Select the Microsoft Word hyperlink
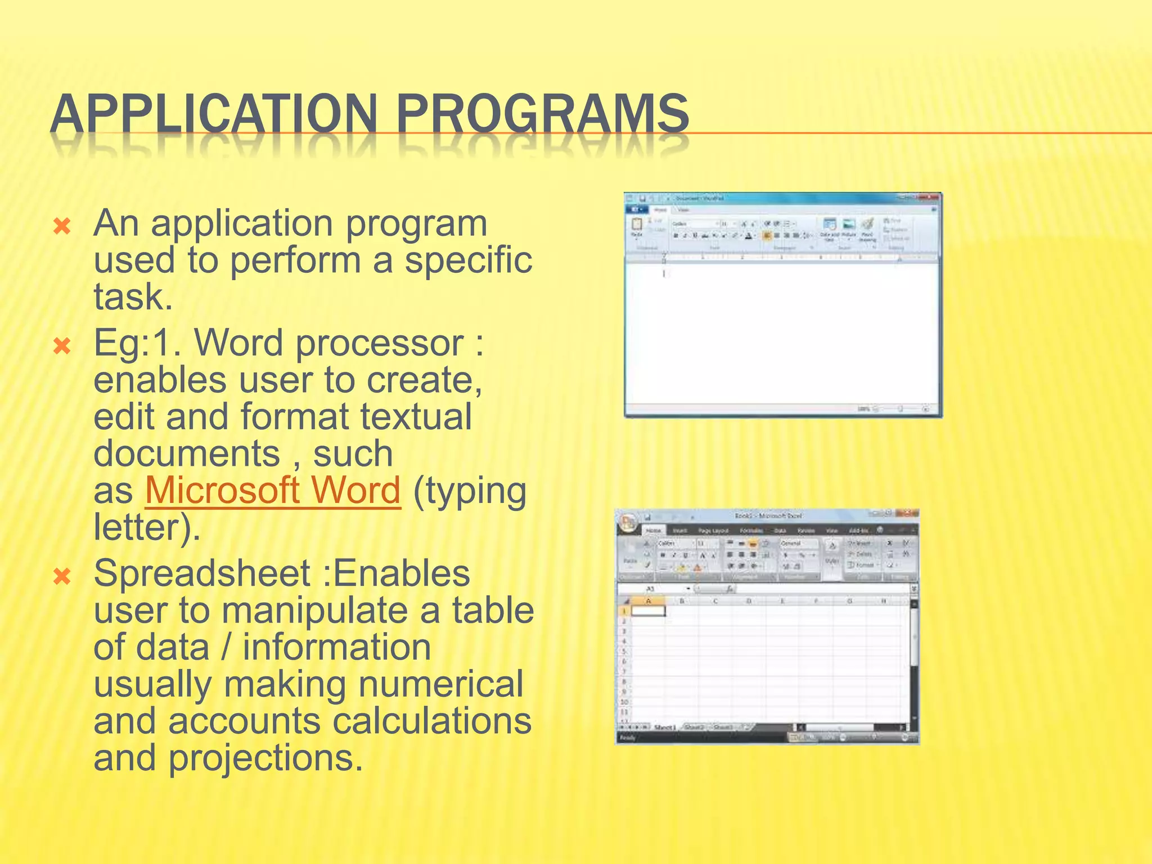[x=273, y=490]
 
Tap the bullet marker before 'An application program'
[x=62, y=227]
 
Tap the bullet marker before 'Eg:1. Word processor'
[x=62, y=346]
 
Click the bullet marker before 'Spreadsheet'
[x=62, y=577]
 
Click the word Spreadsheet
[x=202, y=574]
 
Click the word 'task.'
[x=133, y=297]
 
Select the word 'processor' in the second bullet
[x=380, y=343]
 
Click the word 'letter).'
[x=147, y=528]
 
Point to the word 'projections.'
[x=265, y=758]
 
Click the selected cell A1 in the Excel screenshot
[x=648, y=611]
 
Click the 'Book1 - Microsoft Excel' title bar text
[x=768, y=516]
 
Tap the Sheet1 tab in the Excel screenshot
[x=664, y=727]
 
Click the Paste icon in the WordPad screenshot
[x=637, y=226]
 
